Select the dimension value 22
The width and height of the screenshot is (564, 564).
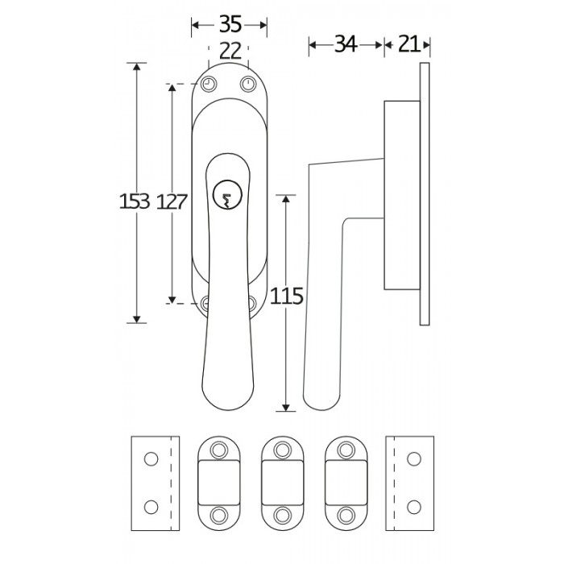pyautogui.click(x=229, y=51)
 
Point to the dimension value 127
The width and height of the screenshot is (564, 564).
pyautogui.click(x=172, y=202)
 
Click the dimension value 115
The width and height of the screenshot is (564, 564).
pyautogui.click(x=288, y=297)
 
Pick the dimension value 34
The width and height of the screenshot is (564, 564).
pyautogui.click(x=345, y=44)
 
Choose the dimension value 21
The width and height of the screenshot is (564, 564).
pyautogui.click(x=408, y=44)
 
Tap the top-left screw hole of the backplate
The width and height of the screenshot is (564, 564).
pyautogui.click(x=209, y=84)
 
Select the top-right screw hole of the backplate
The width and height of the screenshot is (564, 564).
pyautogui.click(x=247, y=84)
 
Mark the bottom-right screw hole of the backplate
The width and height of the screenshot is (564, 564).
pyautogui.click(x=252, y=303)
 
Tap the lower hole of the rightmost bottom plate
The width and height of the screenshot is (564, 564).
pyautogui.click(x=414, y=506)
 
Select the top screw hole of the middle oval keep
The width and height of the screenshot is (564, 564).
pyautogui.click(x=282, y=449)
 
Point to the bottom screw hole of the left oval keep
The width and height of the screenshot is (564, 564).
pyautogui.click(x=218, y=514)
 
